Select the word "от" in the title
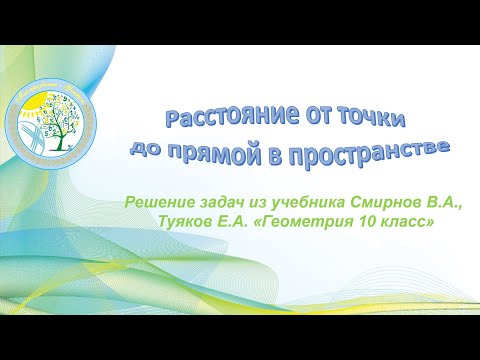(284, 117)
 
